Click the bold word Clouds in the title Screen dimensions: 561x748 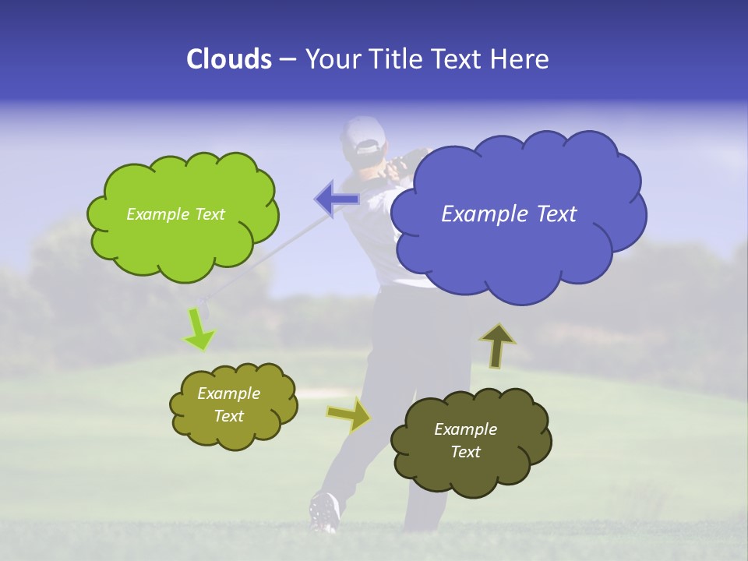pyautogui.click(x=228, y=59)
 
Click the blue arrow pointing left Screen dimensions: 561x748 pyautogui.click(x=335, y=199)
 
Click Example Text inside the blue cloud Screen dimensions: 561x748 pyautogui.click(x=509, y=214)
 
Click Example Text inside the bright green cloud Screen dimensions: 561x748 pyautogui.click(x=175, y=214)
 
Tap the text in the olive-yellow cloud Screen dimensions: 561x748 pyautogui.click(x=229, y=405)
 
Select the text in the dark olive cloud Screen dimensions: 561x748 pyautogui.click(x=465, y=440)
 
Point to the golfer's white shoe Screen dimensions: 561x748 pyautogui.click(x=324, y=510)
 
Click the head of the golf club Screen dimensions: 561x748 pyautogui.click(x=202, y=304)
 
